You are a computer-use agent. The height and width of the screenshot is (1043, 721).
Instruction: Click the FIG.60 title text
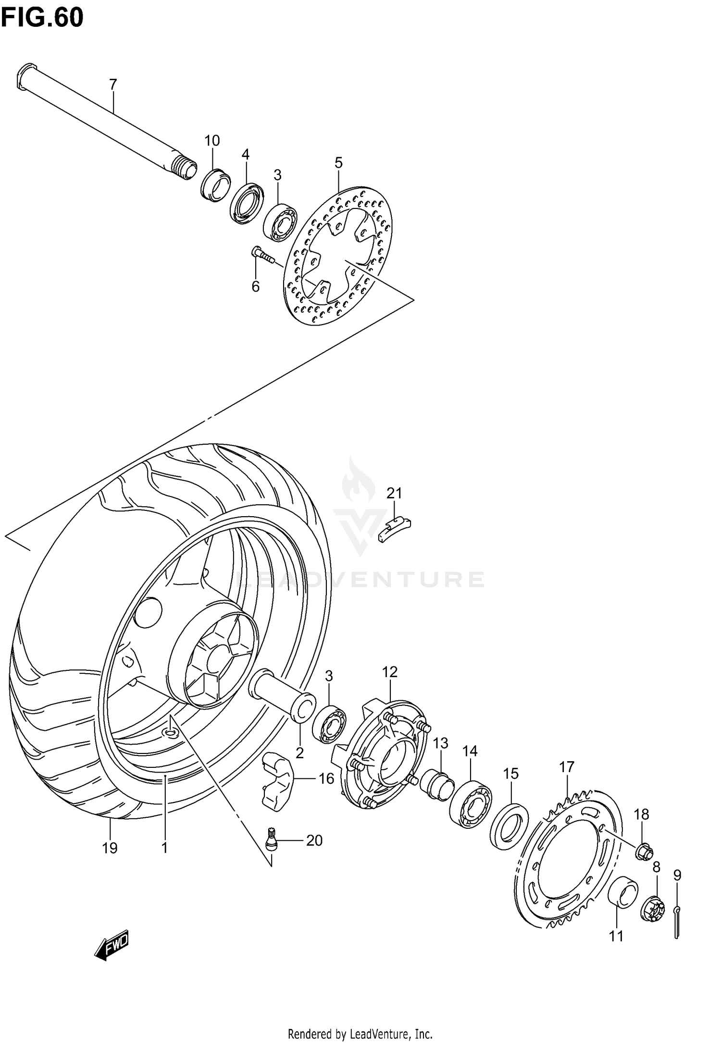coord(42,18)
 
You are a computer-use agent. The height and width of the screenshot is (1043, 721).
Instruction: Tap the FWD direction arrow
coord(112,946)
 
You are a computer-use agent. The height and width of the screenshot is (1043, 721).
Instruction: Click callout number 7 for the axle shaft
coord(113,85)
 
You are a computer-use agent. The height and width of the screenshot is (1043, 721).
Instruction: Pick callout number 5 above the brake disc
coord(338,163)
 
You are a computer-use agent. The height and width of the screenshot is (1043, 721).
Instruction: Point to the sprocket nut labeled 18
coord(644,852)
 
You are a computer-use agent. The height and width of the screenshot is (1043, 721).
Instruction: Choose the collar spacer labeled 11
coord(623,892)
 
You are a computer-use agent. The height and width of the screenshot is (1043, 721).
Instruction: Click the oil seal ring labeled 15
coord(509,825)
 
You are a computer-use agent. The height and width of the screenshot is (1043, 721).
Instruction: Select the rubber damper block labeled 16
coord(275,783)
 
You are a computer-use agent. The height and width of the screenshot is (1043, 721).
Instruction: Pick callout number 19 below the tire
coord(110,848)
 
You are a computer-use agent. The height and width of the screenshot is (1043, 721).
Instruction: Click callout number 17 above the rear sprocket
coord(567,767)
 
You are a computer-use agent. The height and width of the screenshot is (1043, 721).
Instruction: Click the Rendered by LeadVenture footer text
coord(360,1031)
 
